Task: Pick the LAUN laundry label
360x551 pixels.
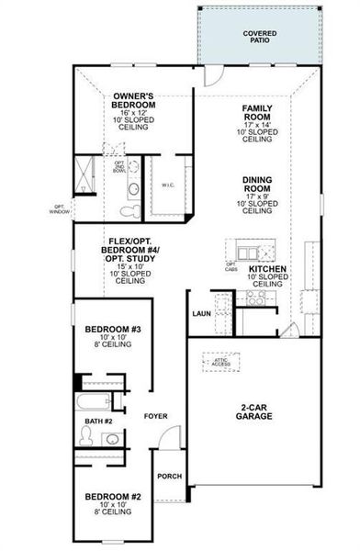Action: [202, 313]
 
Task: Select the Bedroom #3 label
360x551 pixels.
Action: [111, 329]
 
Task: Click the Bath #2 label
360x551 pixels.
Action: [98, 422]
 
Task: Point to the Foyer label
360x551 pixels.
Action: [155, 416]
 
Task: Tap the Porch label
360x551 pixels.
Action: [169, 476]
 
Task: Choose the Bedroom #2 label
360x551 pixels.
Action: [111, 497]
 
